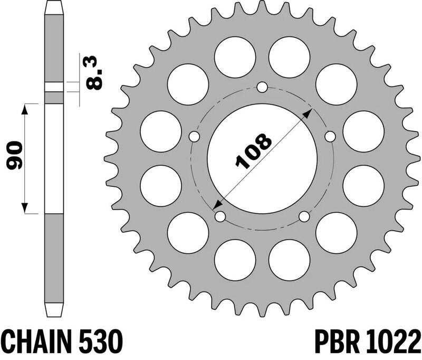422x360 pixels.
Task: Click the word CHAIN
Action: pyautogui.click(x=37, y=342)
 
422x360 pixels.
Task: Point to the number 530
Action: pyautogui.click(x=101, y=342)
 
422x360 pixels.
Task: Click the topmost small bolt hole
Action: pyautogui.click(x=262, y=87)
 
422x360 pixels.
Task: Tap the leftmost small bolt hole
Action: pyautogui.click(x=194, y=137)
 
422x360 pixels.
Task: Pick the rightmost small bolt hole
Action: pyautogui.click(x=330, y=137)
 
